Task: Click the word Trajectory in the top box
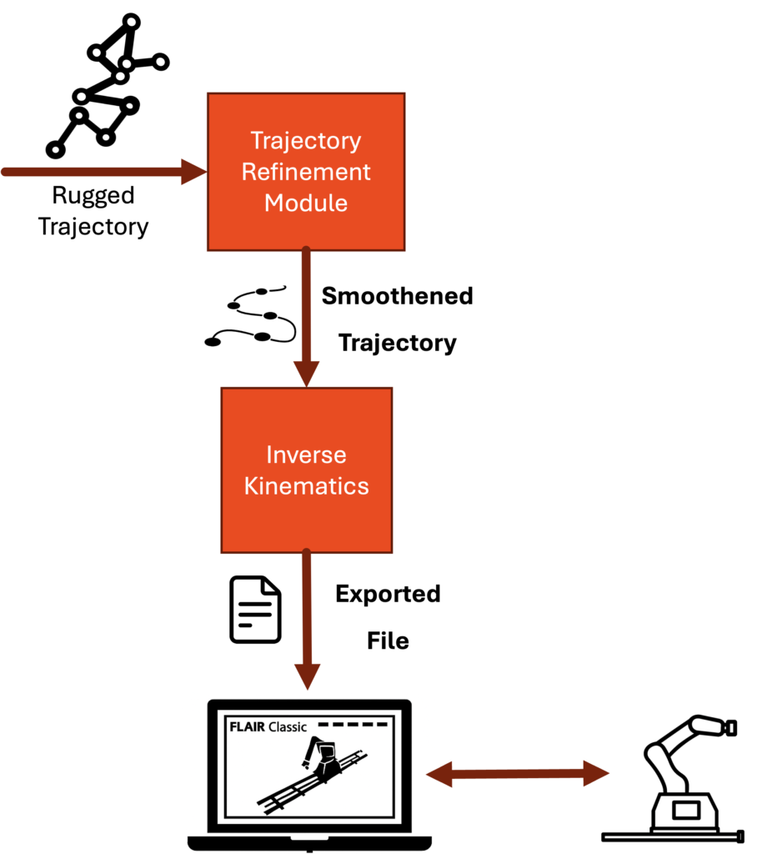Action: (x=306, y=141)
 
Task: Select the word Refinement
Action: (x=306, y=172)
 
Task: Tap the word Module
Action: (x=306, y=203)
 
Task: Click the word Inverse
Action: (x=306, y=455)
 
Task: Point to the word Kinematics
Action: (x=306, y=485)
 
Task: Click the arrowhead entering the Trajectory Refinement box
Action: (x=195, y=173)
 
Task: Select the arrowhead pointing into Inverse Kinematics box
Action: (x=306, y=374)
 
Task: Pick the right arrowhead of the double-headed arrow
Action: (x=597, y=774)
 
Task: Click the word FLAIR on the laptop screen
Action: (x=246, y=726)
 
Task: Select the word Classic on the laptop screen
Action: (x=288, y=726)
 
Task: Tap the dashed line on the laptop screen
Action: (x=353, y=724)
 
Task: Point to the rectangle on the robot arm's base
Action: (x=688, y=810)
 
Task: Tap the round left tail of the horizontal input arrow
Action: (x=5, y=173)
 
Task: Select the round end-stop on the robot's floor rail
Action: (x=740, y=836)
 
